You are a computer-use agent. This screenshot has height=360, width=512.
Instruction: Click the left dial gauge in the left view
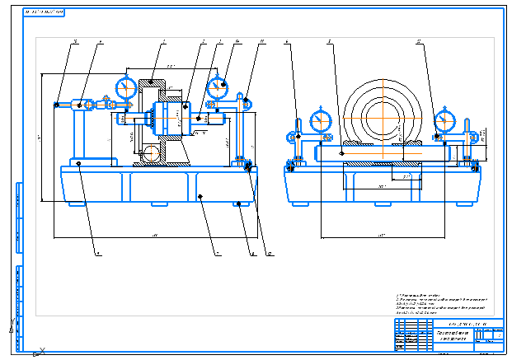point(126,87)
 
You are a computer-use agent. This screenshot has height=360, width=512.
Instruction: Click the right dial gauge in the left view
point(217,86)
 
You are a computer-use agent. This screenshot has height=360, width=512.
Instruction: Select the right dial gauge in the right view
point(445,120)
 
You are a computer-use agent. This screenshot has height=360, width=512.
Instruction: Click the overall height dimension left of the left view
point(40,136)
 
